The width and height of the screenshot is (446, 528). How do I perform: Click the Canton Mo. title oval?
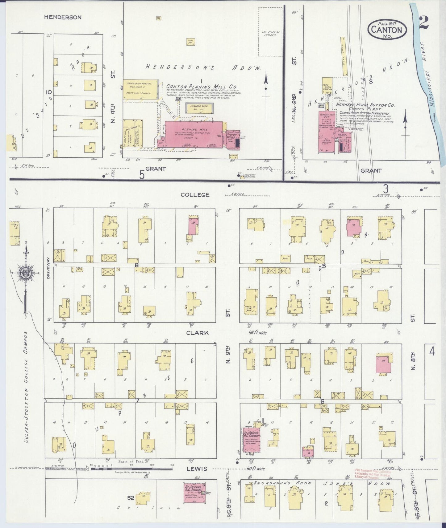[x=387, y=30]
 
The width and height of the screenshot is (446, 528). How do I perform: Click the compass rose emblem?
[x=26, y=273]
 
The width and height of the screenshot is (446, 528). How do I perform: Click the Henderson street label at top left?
[x=63, y=17]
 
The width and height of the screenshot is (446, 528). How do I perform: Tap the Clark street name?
[x=197, y=333]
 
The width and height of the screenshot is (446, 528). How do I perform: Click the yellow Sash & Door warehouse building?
[x=141, y=89]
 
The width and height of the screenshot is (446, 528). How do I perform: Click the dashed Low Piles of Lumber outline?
[x=270, y=32]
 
